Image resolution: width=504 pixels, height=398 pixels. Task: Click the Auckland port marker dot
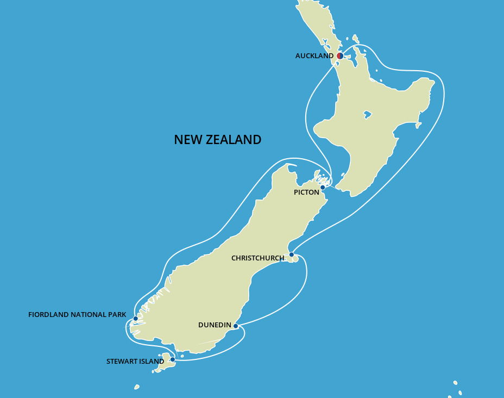340,56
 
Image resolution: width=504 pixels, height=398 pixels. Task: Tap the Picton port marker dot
323,188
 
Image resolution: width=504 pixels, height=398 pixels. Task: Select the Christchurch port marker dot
292,254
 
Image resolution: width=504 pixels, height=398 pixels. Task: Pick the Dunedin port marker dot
236,326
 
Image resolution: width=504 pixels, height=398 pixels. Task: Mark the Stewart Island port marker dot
173,359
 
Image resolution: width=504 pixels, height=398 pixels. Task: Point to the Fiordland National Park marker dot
136,319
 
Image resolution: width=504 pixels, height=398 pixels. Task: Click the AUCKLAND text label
314,56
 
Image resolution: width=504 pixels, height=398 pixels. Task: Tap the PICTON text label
306,192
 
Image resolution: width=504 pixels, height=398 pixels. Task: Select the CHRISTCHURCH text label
257,258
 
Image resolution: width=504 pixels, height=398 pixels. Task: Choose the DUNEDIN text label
215,325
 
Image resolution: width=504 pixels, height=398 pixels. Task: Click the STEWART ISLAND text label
135,362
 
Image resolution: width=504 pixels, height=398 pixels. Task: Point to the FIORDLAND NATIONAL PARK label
77,315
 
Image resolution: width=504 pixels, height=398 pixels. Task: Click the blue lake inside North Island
368,115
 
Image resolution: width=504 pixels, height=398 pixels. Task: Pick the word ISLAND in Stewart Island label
152,362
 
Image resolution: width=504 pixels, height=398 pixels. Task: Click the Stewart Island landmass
165,363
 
